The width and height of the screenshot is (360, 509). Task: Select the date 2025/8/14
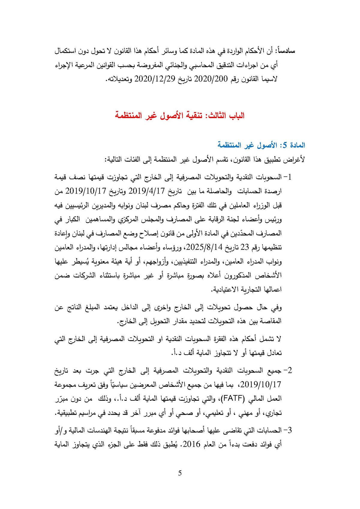tap(204, 247)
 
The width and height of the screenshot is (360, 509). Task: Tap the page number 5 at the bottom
tap(180, 473)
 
